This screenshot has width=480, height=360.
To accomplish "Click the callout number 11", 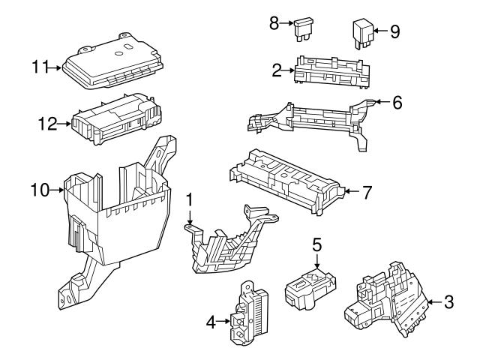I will coord(40,67).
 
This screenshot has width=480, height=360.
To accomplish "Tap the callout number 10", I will coord(40,190).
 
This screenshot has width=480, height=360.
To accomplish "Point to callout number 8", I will coord(274,23).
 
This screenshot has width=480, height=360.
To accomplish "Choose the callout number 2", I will coord(277,70).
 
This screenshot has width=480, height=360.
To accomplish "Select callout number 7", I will coord(367,192).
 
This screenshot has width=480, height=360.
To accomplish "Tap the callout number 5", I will coord(316,244).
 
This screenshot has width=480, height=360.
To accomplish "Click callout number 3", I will coord(448,303).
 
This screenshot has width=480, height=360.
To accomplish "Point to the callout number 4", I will coord(211,322).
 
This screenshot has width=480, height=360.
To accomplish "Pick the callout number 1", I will coord(190,201).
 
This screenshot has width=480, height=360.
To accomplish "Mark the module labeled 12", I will coord(116,118).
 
